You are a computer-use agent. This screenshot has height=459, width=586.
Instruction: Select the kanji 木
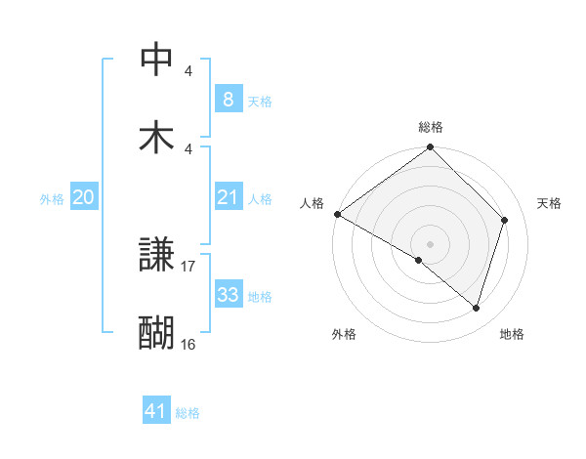tap(157, 136)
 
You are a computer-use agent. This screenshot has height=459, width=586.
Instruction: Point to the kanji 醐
tap(157, 332)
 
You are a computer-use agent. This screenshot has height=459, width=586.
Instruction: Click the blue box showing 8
tap(228, 99)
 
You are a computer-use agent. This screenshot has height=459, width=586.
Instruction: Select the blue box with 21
tap(228, 197)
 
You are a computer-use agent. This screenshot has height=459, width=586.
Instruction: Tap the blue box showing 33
tap(228, 295)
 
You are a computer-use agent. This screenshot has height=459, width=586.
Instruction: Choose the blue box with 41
tap(156, 411)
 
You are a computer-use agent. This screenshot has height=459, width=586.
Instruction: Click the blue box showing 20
tap(83, 197)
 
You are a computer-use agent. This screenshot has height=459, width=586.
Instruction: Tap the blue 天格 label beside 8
tap(260, 101)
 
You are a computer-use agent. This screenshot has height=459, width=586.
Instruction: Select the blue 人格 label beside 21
tap(260, 199)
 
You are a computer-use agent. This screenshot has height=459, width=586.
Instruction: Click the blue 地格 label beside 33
tap(260, 297)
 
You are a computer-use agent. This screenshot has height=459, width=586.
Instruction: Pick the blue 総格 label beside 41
tap(188, 413)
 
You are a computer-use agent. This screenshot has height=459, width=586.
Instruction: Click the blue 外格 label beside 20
tap(52, 199)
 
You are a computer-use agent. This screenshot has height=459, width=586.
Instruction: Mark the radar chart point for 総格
tap(430, 148)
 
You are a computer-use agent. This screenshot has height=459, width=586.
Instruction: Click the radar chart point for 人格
tap(337, 214)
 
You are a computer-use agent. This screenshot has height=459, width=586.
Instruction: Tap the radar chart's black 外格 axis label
tap(344, 334)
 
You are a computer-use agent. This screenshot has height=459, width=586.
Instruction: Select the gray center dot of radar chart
tap(430, 243)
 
